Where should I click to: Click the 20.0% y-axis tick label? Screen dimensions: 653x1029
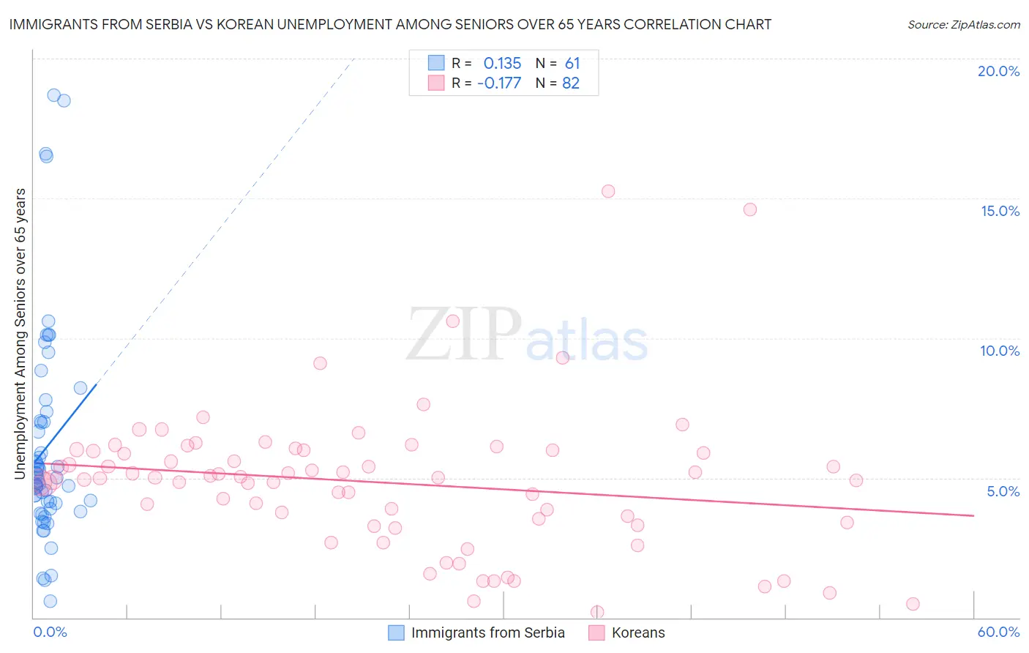pyautogui.click(x=998, y=71)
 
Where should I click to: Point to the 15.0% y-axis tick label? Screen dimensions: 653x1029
pyautogui.click(x=1000, y=211)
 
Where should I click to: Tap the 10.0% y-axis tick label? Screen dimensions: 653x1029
pyautogui.click(x=1000, y=351)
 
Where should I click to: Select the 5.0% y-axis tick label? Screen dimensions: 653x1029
pyautogui.click(x=1003, y=491)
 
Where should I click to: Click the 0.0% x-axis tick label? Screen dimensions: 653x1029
pyautogui.click(x=50, y=632)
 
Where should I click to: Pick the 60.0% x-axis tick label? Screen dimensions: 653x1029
pyautogui.click(x=998, y=632)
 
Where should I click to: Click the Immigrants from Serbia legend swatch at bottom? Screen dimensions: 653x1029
pyautogui.click(x=396, y=633)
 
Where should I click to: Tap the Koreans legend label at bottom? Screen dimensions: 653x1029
pyautogui.click(x=638, y=633)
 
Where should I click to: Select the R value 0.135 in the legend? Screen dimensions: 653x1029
pyautogui.click(x=502, y=63)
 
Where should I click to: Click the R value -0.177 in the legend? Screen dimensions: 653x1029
pyautogui.click(x=499, y=83)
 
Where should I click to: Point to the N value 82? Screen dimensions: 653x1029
pyautogui.click(x=571, y=83)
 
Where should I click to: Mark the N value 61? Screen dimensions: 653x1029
pyautogui.click(x=572, y=63)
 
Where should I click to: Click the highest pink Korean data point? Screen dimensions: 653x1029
pyautogui.click(x=608, y=191)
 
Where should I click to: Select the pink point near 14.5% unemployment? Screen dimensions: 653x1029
pyautogui.click(x=749, y=209)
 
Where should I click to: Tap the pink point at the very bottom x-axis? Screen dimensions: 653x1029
pyautogui.click(x=597, y=611)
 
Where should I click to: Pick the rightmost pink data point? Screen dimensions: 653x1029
pyautogui.click(x=913, y=604)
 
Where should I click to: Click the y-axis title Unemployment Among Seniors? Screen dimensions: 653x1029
pyautogui.click(x=20, y=334)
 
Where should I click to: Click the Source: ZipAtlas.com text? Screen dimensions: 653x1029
pyautogui.click(x=963, y=25)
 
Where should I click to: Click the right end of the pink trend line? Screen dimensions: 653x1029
pyautogui.click(x=973, y=515)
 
